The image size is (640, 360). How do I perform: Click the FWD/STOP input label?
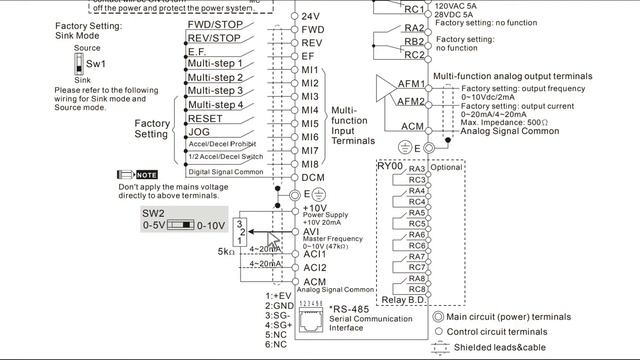point(214,24)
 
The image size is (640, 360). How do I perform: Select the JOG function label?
point(199,131)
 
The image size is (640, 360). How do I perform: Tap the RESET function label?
point(204,118)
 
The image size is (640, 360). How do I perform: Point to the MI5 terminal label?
point(310,123)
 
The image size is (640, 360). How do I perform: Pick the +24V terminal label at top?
point(310,17)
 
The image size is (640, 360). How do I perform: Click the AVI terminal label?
point(310,232)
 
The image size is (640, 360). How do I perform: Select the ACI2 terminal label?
point(315,267)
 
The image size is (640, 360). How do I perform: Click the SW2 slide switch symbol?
point(180,226)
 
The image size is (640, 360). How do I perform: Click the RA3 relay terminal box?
point(418,168)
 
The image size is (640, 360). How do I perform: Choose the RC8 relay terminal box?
point(418,290)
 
